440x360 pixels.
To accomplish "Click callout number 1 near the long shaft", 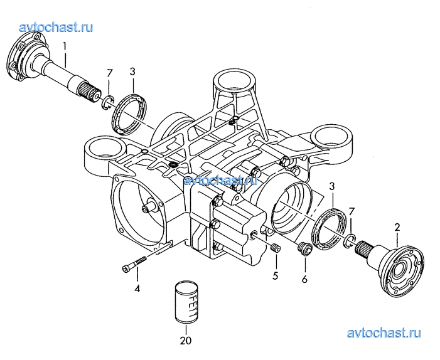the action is [x=65, y=47].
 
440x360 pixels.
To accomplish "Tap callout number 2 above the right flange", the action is [x=397, y=227].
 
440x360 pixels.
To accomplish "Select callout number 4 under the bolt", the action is [x=137, y=289].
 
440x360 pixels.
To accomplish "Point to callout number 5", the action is [x=275, y=275].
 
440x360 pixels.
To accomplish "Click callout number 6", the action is [x=305, y=279].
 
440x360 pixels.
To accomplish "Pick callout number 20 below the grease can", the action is [x=186, y=341].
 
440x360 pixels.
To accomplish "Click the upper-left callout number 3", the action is [x=132, y=71].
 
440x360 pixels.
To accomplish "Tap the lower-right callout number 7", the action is [x=351, y=211].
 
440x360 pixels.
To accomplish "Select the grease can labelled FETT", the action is [x=186, y=303].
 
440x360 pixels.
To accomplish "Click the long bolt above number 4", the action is [x=134, y=263].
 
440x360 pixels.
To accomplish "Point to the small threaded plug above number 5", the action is [x=276, y=248].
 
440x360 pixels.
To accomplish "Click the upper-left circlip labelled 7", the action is [x=107, y=103].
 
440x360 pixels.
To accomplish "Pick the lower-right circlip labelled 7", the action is [x=350, y=241].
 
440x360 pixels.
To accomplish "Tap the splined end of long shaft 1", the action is [x=89, y=93].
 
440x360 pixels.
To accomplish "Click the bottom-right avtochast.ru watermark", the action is [x=384, y=334].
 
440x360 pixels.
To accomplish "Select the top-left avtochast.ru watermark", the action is [x=56, y=28].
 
